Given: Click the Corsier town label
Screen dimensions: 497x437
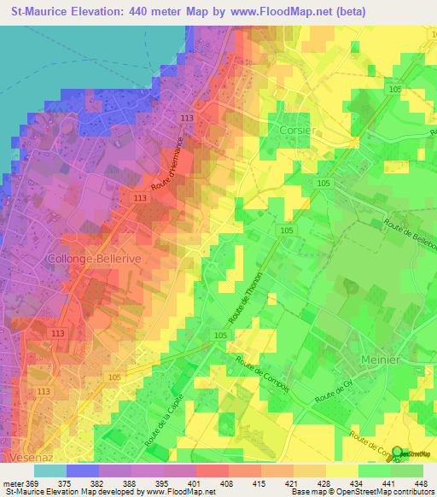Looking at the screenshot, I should [x=296, y=129].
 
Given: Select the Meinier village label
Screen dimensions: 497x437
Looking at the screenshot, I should [x=379, y=360].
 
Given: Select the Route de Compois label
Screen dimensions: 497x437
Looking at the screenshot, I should [x=263, y=374].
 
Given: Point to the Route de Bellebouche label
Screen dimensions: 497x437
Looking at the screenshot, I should [x=411, y=232].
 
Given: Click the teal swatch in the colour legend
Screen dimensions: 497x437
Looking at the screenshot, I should [x=50, y=471].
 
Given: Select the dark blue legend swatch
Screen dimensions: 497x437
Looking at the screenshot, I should [x=82, y=471].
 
